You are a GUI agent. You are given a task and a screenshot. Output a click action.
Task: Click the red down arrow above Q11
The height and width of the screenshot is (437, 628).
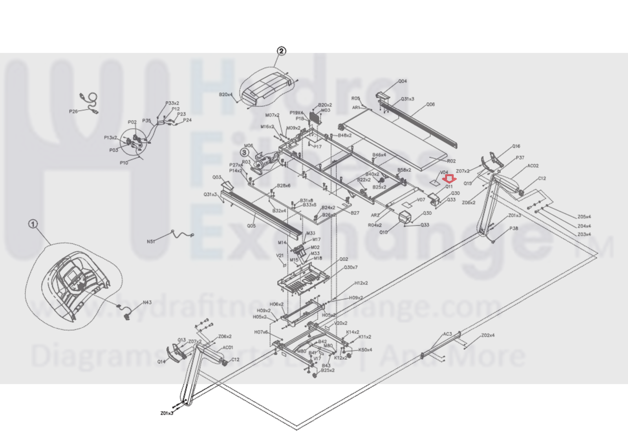point(449,179)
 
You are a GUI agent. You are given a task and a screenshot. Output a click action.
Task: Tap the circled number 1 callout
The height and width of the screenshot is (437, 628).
point(33,224)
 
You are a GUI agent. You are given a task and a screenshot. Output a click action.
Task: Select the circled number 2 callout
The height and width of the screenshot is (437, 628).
point(281,51)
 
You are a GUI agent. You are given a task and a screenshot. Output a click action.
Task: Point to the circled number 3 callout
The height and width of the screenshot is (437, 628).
point(245,152)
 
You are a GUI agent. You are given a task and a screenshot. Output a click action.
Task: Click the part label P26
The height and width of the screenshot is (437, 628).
point(73,111)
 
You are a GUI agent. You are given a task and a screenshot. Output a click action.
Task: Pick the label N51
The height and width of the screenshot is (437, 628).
point(151,241)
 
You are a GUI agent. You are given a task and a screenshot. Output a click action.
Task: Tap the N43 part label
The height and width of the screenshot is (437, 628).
point(147,302)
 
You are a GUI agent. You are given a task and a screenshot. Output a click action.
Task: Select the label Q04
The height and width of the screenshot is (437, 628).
point(403,81)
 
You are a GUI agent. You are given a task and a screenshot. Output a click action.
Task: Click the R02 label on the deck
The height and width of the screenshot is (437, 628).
point(451,161)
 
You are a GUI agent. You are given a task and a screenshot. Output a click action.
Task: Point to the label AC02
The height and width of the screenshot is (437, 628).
point(533,166)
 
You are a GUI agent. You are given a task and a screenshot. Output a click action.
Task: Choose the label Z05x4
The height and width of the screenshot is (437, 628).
point(584,217)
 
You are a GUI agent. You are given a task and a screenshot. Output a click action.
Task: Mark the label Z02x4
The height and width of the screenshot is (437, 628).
point(488,335)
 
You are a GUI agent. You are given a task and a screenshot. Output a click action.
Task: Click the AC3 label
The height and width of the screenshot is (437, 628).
point(447,334)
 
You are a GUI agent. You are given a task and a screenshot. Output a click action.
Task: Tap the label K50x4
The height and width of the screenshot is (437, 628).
point(365,350)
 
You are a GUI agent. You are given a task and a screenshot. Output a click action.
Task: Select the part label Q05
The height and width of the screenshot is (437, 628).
point(251,226)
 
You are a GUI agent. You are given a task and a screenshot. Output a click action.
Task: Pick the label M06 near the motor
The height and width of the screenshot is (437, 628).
point(249,146)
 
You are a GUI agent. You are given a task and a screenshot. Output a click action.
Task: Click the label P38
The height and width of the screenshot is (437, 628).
point(513,228)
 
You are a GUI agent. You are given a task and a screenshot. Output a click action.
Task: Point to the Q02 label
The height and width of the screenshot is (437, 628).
point(344,259)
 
